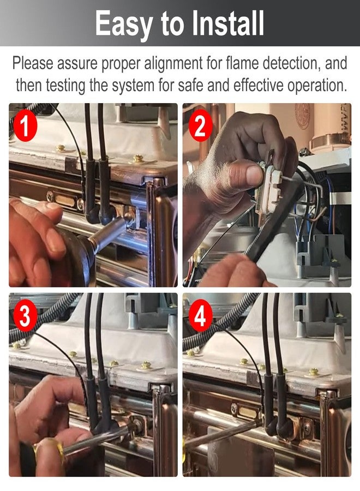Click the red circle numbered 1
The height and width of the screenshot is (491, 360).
pyautogui.click(x=25, y=125)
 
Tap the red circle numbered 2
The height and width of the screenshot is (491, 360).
pyautogui.click(x=201, y=125)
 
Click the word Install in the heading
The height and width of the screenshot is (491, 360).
pyautogui.click(x=228, y=23)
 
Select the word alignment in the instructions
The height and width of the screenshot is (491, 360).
pyautogui.click(x=173, y=64)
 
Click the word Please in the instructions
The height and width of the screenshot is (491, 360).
pyautogui.click(x=33, y=64)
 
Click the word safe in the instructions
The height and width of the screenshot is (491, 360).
pyautogui.click(x=191, y=85)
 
